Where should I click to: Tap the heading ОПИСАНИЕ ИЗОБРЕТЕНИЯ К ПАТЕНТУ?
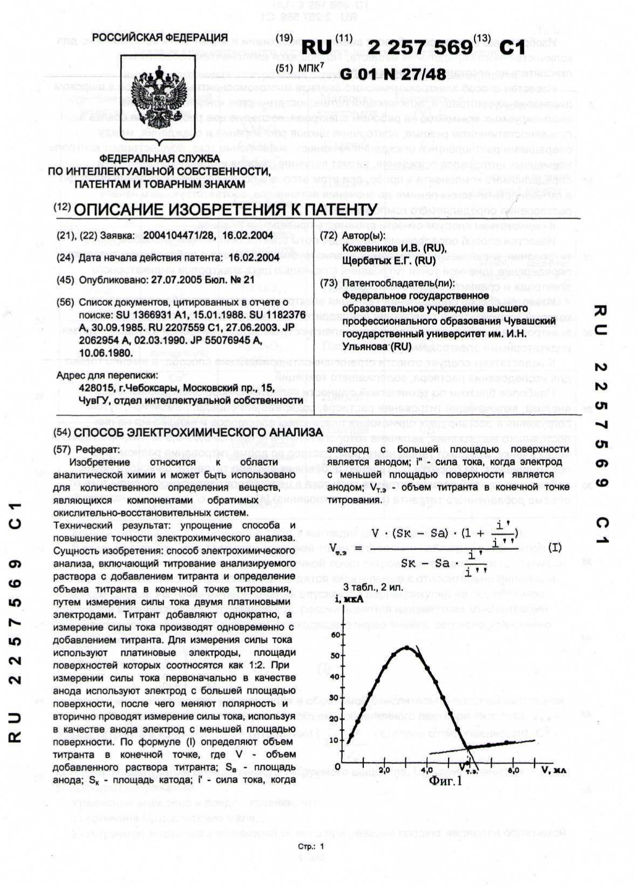point(225,209)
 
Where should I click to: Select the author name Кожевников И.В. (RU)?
point(395,248)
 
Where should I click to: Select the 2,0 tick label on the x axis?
point(384,770)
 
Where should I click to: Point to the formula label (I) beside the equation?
point(555,548)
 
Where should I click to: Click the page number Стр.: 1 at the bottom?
point(311,847)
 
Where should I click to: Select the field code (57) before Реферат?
point(64,449)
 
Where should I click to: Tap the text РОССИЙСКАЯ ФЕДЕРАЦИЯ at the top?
point(160,37)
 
